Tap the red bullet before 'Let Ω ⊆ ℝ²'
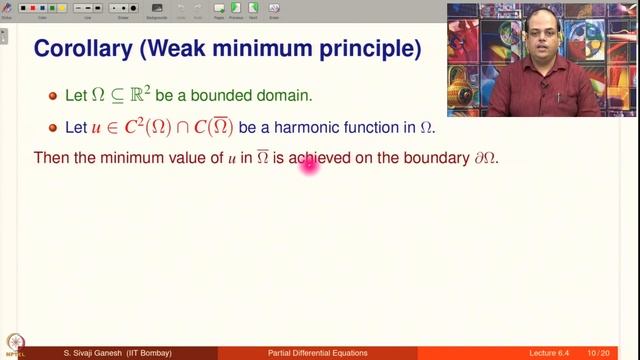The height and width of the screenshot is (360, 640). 54,95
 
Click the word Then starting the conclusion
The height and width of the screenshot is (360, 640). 52,159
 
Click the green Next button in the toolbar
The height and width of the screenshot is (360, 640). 254,9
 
